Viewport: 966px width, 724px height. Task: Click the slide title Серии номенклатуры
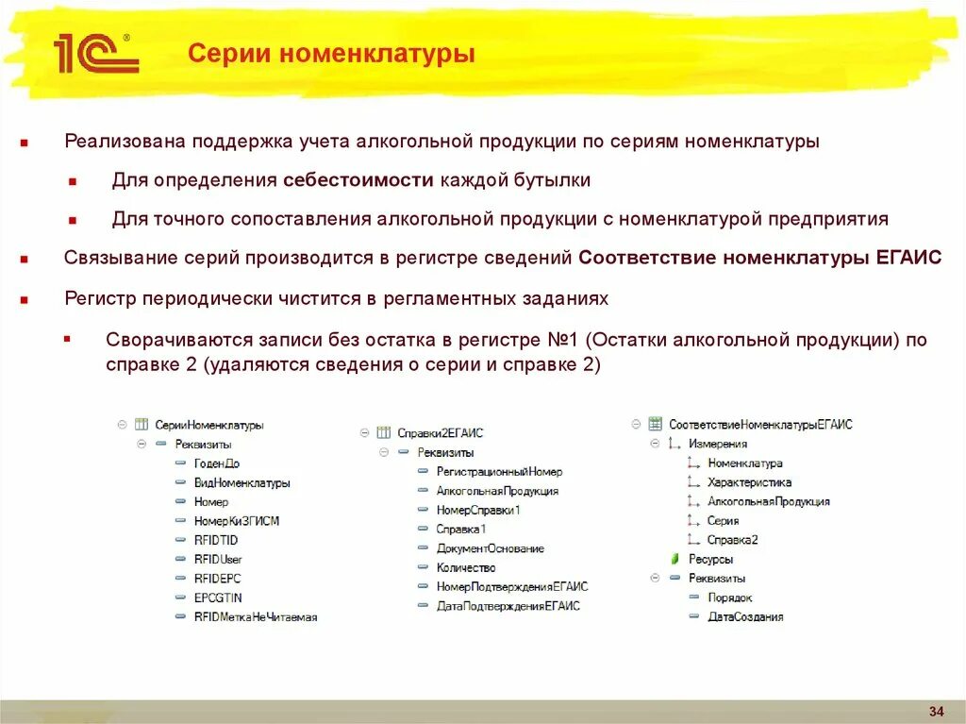(331, 54)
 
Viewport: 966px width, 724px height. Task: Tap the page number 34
(937, 710)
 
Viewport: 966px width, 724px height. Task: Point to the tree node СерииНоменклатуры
(208, 426)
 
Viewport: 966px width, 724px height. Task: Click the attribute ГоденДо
(216, 463)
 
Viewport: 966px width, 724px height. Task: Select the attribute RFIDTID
(215, 540)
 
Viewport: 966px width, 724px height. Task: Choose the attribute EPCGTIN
(217, 598)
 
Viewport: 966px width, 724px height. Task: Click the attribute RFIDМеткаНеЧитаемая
(255, 616)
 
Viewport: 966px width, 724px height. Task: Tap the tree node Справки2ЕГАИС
(440, 433)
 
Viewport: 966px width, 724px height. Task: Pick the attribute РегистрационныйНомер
(498, 472)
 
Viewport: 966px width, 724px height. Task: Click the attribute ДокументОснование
(490, 548)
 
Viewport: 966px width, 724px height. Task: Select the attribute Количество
(465, 567)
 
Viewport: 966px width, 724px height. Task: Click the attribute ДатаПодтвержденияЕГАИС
(508, 606)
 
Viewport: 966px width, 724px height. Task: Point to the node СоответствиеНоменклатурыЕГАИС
(759, 425)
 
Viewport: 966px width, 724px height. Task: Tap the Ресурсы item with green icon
(710, 559)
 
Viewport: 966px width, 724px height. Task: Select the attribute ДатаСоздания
(745, 616)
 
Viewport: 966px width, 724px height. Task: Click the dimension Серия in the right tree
(723, 521)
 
